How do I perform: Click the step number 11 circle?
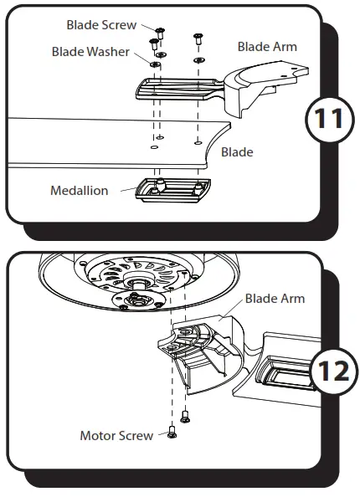(x=325, y=118)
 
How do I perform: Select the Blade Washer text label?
(x=90, y=52)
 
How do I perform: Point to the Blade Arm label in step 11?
(x=267, y=47)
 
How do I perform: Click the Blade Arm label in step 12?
(x=274, y=299)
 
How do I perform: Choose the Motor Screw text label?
(x=116, y=435)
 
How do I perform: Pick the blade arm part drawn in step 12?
(x=205, y=356)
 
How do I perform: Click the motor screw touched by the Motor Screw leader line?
(x=172, y=432)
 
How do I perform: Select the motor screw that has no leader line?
(x=185, y=414)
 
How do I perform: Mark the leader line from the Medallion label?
(x=125, y=191)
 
